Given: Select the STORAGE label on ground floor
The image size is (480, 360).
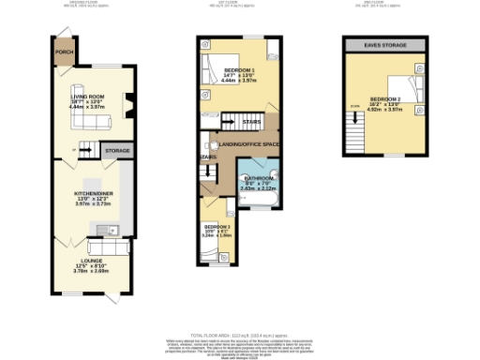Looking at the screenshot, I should tap(117, 150).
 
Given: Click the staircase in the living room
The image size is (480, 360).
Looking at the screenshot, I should tap(83, 149).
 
